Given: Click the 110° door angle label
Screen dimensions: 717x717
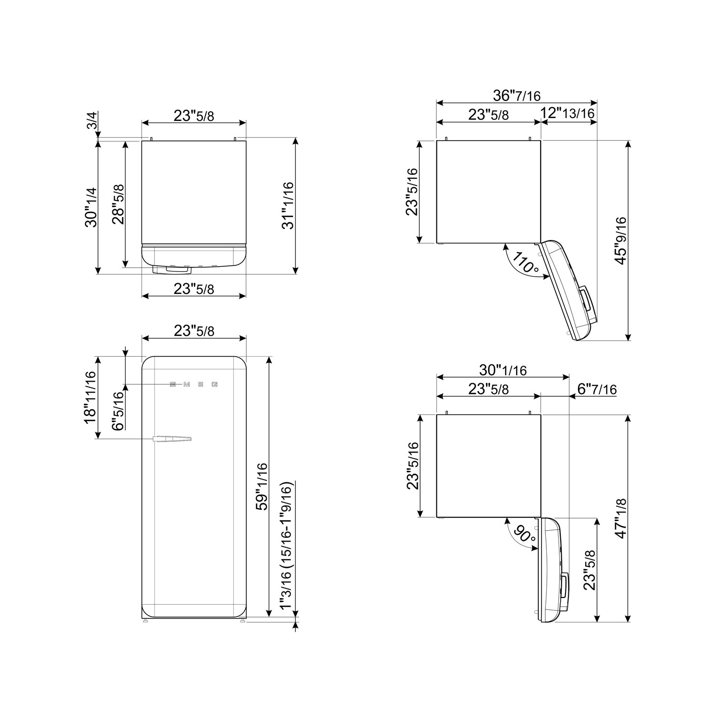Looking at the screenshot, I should click(x=525, y=263).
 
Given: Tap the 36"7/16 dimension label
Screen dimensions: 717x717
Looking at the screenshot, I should click(x=516, y=96).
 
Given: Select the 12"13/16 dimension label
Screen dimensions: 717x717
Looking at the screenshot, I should click(x=567, y=114).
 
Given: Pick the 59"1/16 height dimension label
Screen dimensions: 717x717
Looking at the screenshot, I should click(x=261, y=486).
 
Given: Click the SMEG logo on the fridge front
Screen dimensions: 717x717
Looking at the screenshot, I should click(x=194, y=384).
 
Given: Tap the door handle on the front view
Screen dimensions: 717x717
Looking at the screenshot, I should click(x=172, y=438).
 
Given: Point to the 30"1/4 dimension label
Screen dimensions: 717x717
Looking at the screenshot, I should click(x=90, y=207).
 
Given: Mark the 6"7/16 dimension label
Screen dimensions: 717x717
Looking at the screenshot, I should click(x=597, y=389).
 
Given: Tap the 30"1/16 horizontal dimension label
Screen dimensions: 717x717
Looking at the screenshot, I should click(x=502, y=370).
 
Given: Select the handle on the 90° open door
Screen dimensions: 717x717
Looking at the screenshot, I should click(x=565, y=591).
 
